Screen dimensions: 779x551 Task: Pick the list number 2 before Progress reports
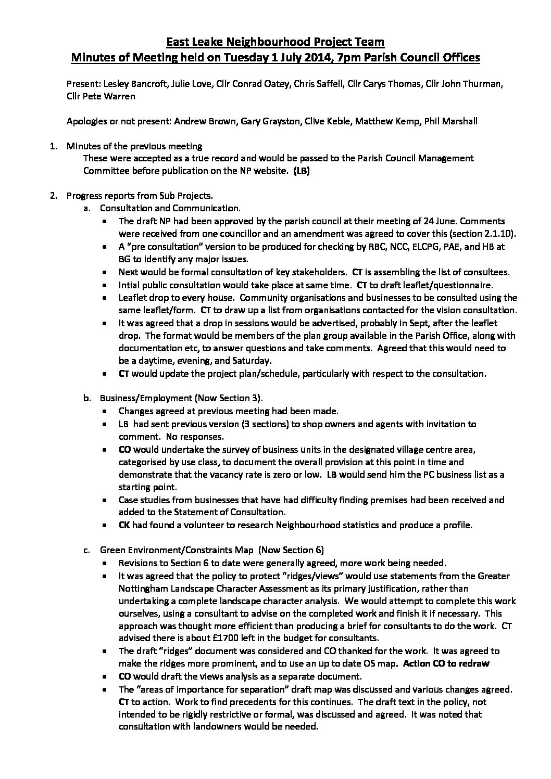(x=52, y=196)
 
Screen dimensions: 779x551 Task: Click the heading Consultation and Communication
(x=170, y=208)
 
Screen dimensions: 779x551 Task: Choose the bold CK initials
(x=124, y=525)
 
